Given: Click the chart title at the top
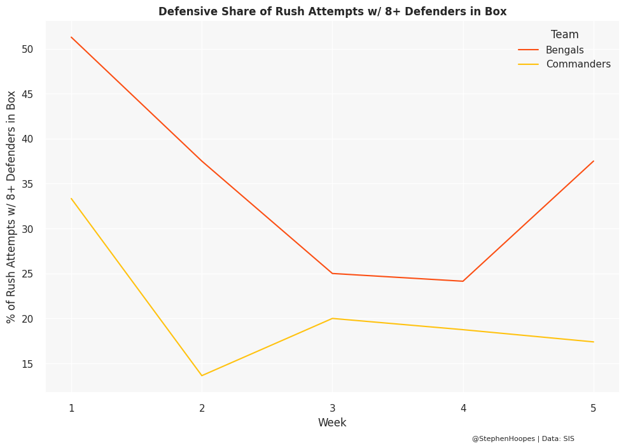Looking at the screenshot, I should [332, 11].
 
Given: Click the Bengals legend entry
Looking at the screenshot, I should [564, 50].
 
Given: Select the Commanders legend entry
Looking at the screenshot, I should [578, 64].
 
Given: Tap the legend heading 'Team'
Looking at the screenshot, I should [564, 35].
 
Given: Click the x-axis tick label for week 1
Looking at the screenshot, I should [71, 408].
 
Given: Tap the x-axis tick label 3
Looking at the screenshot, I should [332, 408].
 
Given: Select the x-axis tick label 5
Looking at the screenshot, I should [593, 408].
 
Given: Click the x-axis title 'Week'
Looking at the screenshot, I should [332, 423].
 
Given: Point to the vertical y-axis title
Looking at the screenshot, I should [11, 207].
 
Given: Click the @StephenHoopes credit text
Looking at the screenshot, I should [523, 438].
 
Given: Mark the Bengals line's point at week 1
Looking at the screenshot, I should [71, 37].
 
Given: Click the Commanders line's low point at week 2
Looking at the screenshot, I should [202, 375].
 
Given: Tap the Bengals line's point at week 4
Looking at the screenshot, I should [463, 281].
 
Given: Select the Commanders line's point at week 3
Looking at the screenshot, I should [332, 318].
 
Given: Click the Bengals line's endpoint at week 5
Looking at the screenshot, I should [593, 161].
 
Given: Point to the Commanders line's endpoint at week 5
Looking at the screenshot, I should [593, 342].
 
